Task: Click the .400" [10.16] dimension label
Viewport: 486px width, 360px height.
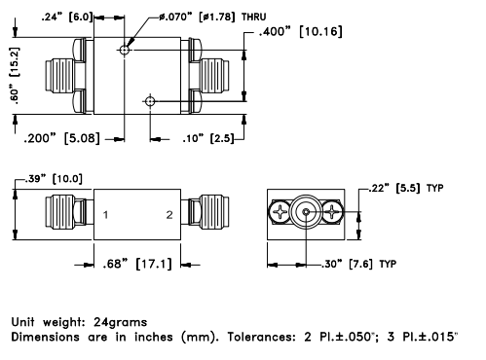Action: point(300,32)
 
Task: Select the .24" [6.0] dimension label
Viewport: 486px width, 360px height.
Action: point(67,17)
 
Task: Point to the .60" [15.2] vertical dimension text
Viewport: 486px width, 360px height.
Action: point(15,76)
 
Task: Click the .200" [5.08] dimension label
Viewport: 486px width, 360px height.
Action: point(61,138)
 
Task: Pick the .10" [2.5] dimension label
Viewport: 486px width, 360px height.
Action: point(208,138)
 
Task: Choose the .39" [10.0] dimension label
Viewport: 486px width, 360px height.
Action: point(54,178)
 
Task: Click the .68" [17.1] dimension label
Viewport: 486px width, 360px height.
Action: point(137,264)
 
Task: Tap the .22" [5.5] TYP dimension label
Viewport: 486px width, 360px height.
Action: point(406,188)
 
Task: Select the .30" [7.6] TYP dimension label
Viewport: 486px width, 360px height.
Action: point(358,264)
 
